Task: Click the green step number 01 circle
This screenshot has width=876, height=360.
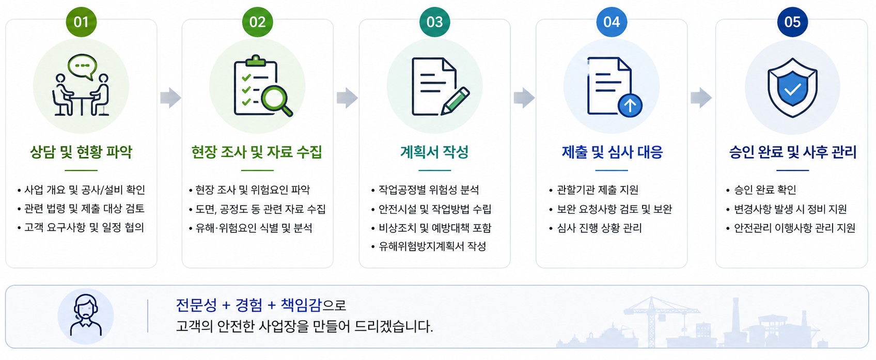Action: click(x=81, y=22)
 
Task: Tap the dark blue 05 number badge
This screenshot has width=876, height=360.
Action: click(x=792, y=22)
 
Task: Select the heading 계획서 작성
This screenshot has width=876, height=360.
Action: click(x=434, y=152)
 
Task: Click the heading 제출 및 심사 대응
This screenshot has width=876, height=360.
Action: click(x=612, y=152)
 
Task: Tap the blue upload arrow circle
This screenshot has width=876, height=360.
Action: click(x=630, y=105)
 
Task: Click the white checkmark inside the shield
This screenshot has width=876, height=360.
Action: click(x=792, y=90)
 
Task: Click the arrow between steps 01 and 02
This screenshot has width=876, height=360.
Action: click(x=171, y=97)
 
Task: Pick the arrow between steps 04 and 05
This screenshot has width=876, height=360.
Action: click(x=701, y=97)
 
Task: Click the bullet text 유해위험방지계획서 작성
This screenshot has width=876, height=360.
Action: click(x=432, y=246)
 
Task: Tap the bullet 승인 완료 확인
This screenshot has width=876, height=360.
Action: click(x=765, y=190)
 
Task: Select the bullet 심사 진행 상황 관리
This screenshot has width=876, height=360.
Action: click(x=599, y=228)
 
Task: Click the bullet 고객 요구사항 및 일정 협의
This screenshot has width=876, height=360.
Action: click(x=84, y=227)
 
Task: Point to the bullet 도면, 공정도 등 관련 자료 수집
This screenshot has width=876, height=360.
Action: click(x=260, y=209)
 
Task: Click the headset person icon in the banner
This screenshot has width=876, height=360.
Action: click(x=86, y=316)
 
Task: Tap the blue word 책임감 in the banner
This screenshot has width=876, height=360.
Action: click(x=301, y=305)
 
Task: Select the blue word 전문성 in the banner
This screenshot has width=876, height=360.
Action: click(x=196, y=305)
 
